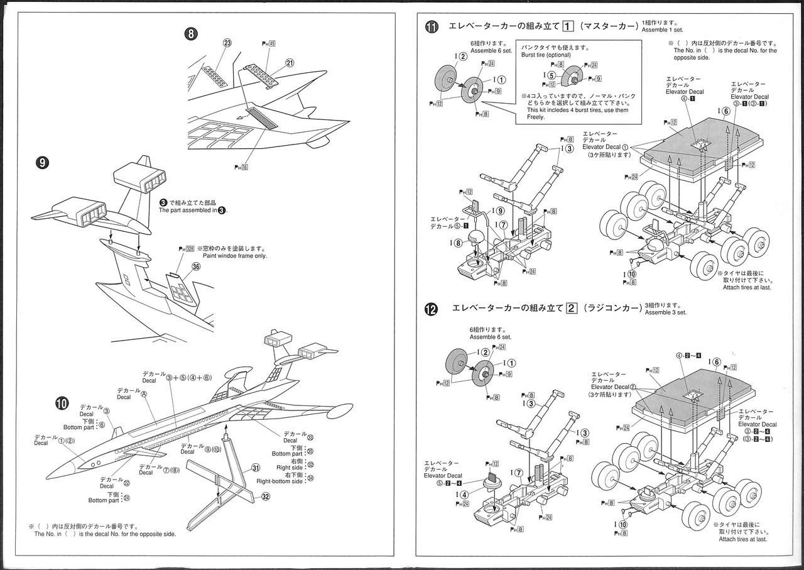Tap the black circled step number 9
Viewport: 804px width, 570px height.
coord(43,162)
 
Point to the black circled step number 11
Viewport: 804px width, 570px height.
coord(432,27)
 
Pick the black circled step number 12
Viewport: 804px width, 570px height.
coord(432,309)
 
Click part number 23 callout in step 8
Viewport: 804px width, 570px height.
coord(227,43)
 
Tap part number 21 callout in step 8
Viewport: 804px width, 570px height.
coord(290,62)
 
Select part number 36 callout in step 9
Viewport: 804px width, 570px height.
coord(196,266)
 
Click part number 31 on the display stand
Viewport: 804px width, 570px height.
coord(256,468)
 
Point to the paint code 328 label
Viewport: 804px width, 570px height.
coord(187,249)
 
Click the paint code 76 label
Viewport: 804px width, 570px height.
coord(241,167)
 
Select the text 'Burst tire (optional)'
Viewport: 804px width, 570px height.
coord(546,55)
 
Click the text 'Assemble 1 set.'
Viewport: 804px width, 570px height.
coord(663,30)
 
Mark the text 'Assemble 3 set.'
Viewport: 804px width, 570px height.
coord(666,312)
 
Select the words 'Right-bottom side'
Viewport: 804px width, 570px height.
coord(280,481)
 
